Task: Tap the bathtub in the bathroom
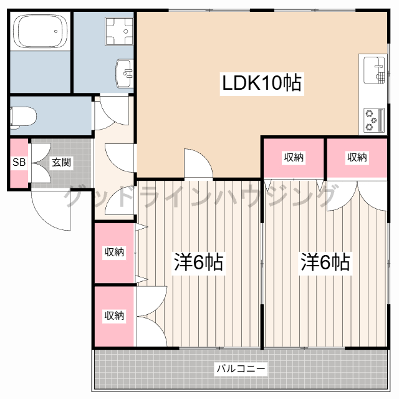coord(39,31)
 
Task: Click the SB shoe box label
coord(19,162)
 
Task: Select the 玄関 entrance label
coord(60,162)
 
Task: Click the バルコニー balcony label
coord(241,369)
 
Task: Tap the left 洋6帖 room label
coord(198,262)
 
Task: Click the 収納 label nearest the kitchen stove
coord(357,157)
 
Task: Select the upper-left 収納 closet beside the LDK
coord(294,157)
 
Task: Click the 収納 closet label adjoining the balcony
coord(114,315)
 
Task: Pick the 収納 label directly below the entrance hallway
coord(114,252)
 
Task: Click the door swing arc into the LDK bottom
coord(197,163)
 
